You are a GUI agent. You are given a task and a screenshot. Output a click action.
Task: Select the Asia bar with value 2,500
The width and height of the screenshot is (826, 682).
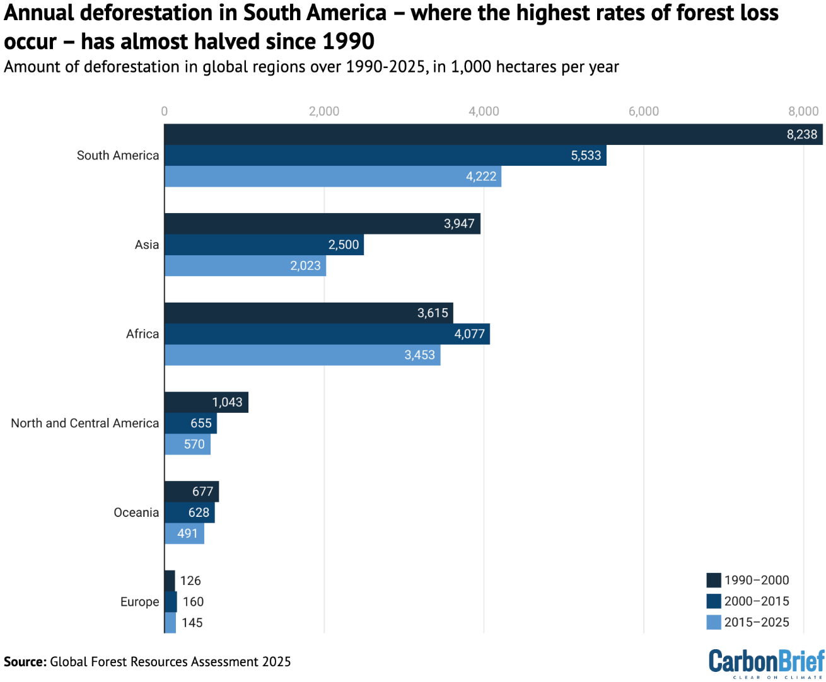click(264, 245)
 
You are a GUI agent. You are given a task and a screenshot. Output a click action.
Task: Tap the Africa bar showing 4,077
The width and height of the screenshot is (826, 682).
click(327, 334)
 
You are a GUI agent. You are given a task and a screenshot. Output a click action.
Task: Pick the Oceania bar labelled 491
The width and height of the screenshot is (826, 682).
click(184, 534)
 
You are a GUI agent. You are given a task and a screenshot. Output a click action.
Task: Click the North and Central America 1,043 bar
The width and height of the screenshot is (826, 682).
click(206, 402)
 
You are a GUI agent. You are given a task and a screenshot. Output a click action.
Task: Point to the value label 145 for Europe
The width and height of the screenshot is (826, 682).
click(192, 623)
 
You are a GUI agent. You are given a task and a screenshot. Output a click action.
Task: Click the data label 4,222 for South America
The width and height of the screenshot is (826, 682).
click(481, 176)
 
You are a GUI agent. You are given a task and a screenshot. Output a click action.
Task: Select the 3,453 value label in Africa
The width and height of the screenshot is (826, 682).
click(420, 355)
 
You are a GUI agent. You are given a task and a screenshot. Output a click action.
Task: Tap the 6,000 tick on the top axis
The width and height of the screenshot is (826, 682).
click(644, 112)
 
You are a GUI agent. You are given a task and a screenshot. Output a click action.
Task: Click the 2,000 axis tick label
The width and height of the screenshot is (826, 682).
click(324, 112)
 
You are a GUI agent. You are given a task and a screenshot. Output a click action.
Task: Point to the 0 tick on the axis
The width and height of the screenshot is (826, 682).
click(165, 112)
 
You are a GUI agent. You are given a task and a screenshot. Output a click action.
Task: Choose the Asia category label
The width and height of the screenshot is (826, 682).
click(147, 245)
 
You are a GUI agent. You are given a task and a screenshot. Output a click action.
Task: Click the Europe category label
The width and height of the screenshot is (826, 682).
click(140, 602)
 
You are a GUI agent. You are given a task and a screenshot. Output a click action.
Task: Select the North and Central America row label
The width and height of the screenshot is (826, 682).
click(85, 423)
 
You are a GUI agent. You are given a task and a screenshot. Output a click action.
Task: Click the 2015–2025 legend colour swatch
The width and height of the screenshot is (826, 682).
click(714, 622)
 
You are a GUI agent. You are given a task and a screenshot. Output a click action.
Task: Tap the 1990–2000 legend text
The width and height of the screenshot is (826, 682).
click(757, 580)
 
